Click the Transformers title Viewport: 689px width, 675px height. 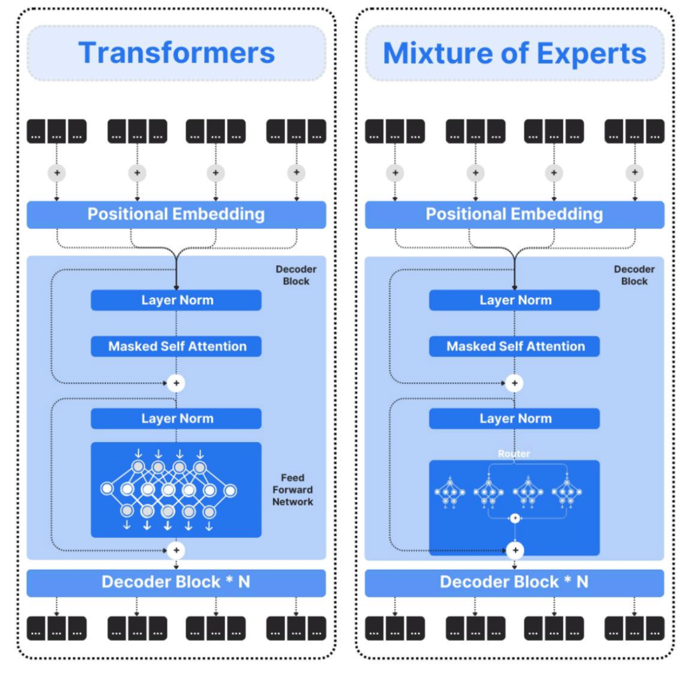click(x=176, y=52)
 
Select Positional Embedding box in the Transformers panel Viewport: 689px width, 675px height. click(x=176, y=214)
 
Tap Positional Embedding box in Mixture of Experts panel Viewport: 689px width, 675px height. click(x=514, y=214)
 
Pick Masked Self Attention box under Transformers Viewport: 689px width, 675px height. click(x=177, y=346)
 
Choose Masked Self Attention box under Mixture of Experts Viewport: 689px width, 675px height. click(x=515, y=346)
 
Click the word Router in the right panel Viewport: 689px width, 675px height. click(x=514, y=454)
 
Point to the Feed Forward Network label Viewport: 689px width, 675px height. click(x=293, y=490)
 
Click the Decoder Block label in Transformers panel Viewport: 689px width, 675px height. click(x=295, y=275)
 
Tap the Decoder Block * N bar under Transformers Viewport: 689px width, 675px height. click(x=176, y=582)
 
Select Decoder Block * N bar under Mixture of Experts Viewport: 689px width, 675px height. click(x=514, y=582)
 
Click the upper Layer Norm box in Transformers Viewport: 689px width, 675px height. click(x=177, y=300)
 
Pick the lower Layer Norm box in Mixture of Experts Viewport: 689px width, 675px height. click(x=515, y=419)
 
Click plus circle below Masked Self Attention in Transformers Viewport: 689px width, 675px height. click(x=176, y=383)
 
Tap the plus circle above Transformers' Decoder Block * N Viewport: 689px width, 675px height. click(x=176, y=549)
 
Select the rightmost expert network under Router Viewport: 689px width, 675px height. click(x=567, y=493)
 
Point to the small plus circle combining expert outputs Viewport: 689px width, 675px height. click(x=514, y=518)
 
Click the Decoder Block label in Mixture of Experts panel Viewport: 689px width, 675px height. click(x=633, y=275)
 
